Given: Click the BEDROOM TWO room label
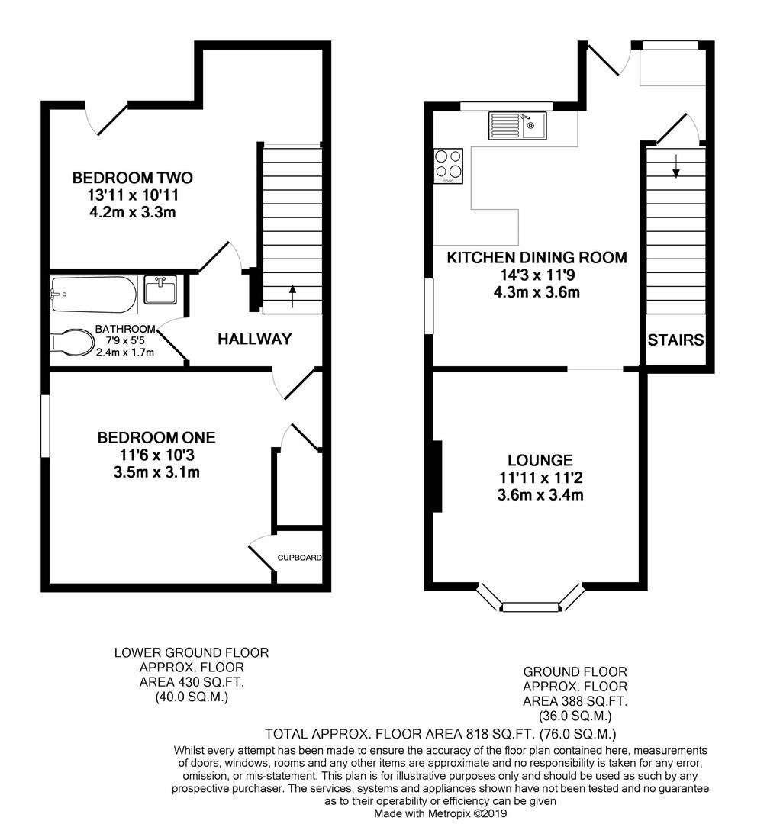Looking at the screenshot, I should point(132,178).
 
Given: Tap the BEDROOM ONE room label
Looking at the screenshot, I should point(156,438).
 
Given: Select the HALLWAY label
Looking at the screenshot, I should point(254,340).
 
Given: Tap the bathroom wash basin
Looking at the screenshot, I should point(160,290).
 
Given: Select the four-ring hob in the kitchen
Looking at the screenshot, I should point(449,165).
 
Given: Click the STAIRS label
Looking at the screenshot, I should point(675,340).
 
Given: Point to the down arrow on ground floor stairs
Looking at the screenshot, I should point(675,166).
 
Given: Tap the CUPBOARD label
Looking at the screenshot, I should point(298,558).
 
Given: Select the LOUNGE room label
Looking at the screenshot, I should point(540,461).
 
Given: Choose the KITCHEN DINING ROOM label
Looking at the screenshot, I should point(537,258).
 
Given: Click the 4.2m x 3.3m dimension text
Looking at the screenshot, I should point(132,212).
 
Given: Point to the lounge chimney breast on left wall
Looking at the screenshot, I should point(437,476).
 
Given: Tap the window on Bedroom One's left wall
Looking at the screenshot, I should point(45,426).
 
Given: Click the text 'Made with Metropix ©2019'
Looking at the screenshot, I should point(440,814).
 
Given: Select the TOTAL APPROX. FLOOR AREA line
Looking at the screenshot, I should point(440,735).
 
